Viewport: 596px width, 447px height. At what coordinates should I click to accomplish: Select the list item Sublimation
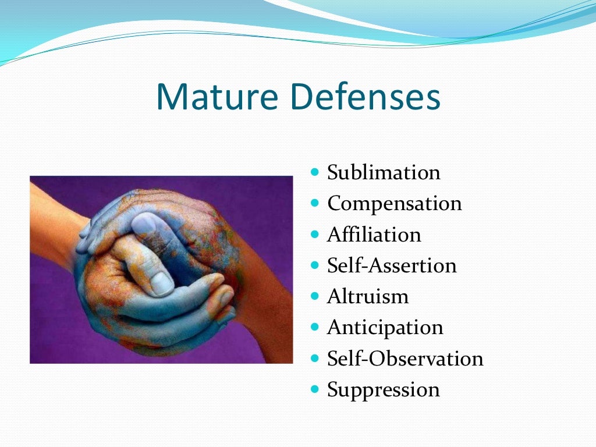pos(384,173)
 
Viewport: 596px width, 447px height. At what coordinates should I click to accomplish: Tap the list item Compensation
pos(395,204)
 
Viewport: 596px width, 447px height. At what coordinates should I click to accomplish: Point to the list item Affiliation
pos(374,235)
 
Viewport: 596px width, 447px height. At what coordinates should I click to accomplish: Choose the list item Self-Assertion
pos(392,265)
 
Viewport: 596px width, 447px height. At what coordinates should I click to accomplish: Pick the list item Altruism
pos(368,297)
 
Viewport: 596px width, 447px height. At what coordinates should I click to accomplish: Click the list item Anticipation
pos(385,328)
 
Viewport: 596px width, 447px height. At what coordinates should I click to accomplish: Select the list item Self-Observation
pos(405,359)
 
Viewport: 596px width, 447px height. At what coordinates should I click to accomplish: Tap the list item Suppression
pos(384,389)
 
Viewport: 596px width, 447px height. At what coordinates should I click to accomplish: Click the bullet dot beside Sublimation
pos(315,172)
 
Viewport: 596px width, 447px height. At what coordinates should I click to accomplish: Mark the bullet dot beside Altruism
pos(315,296)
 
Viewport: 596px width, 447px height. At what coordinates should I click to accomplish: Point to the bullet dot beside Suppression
pos(315,389)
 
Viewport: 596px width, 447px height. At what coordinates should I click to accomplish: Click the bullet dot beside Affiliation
pos(315,234)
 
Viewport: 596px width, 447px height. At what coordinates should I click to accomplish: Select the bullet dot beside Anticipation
pos(315,327)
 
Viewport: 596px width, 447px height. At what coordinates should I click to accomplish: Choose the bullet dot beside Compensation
pos(315,203)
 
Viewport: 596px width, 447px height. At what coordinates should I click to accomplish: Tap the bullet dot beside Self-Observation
pos(315,358)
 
